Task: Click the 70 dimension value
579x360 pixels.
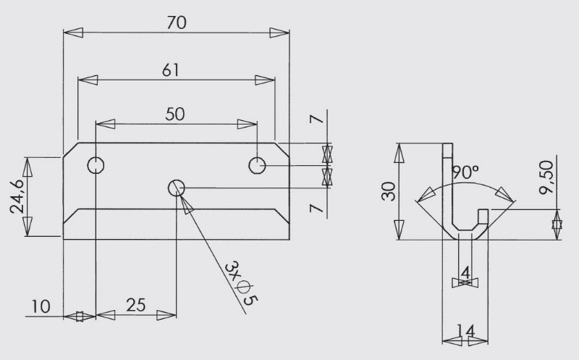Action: point(177,22)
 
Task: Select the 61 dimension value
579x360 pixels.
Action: point(171,70)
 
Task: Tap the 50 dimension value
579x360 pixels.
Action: point(174,114)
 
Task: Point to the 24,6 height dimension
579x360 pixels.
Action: point(17,196)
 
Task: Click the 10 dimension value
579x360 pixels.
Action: point(41,307)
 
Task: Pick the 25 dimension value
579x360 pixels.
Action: point(136,305)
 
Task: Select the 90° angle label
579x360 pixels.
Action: point(465,172)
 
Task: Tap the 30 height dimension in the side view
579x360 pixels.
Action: point(389,191)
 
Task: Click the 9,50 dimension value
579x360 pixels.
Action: point(546,177)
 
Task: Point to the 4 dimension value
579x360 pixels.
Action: point(465,273)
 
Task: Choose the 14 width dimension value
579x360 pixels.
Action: point(465,330)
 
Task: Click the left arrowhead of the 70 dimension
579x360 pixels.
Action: point(73,33)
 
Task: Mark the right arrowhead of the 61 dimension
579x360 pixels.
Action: point(265,80)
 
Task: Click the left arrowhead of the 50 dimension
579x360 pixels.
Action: point(105,124)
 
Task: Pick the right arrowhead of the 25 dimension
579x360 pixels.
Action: point(166,315)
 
